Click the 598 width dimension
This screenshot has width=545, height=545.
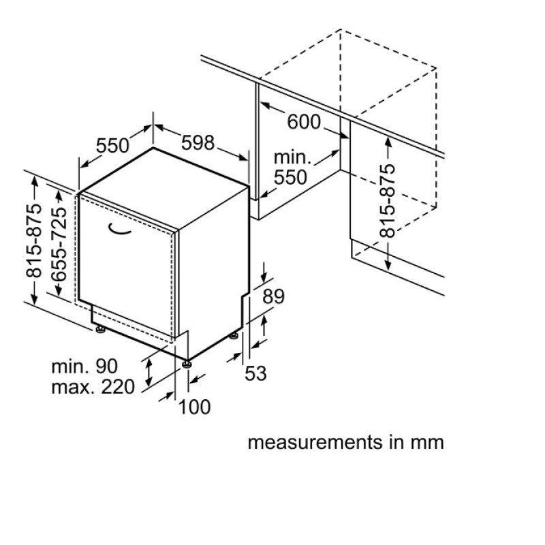[198, 142]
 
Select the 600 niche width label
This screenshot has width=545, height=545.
[304, 122]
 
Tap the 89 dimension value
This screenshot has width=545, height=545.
[273, 296]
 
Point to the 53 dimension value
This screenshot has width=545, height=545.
[255, 373]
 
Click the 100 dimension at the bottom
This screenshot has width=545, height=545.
[194, 407]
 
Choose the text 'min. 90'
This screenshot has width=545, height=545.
[84, 367]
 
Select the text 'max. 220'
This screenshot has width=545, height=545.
[93, 387]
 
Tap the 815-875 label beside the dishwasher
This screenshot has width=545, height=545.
[33, 241]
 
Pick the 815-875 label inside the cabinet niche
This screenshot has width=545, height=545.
[388, 200]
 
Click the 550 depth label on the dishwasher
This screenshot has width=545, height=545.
[112, 145]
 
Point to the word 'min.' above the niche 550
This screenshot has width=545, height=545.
[292, 157]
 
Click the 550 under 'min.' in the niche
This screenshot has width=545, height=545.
[290, 177]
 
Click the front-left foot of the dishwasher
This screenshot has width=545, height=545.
[101, 328]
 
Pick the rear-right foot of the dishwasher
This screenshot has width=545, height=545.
[234, 336]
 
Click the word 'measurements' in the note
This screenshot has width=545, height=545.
[315, 442]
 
